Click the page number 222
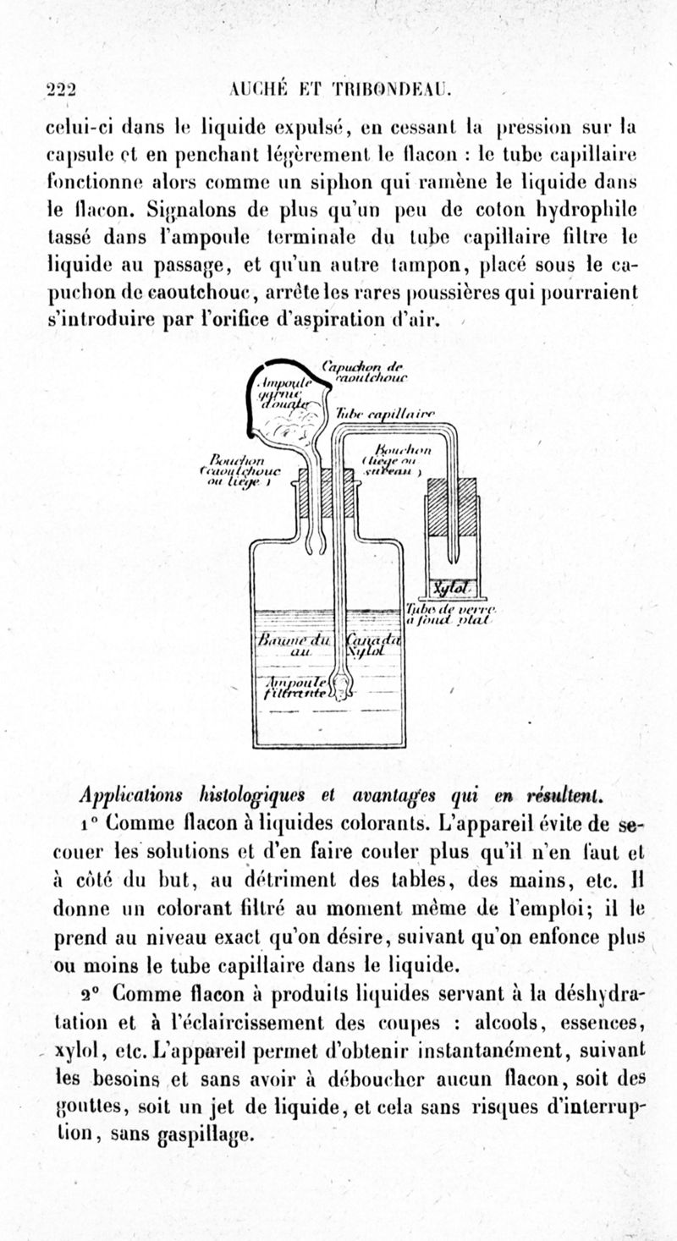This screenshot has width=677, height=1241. coord(63,91)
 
